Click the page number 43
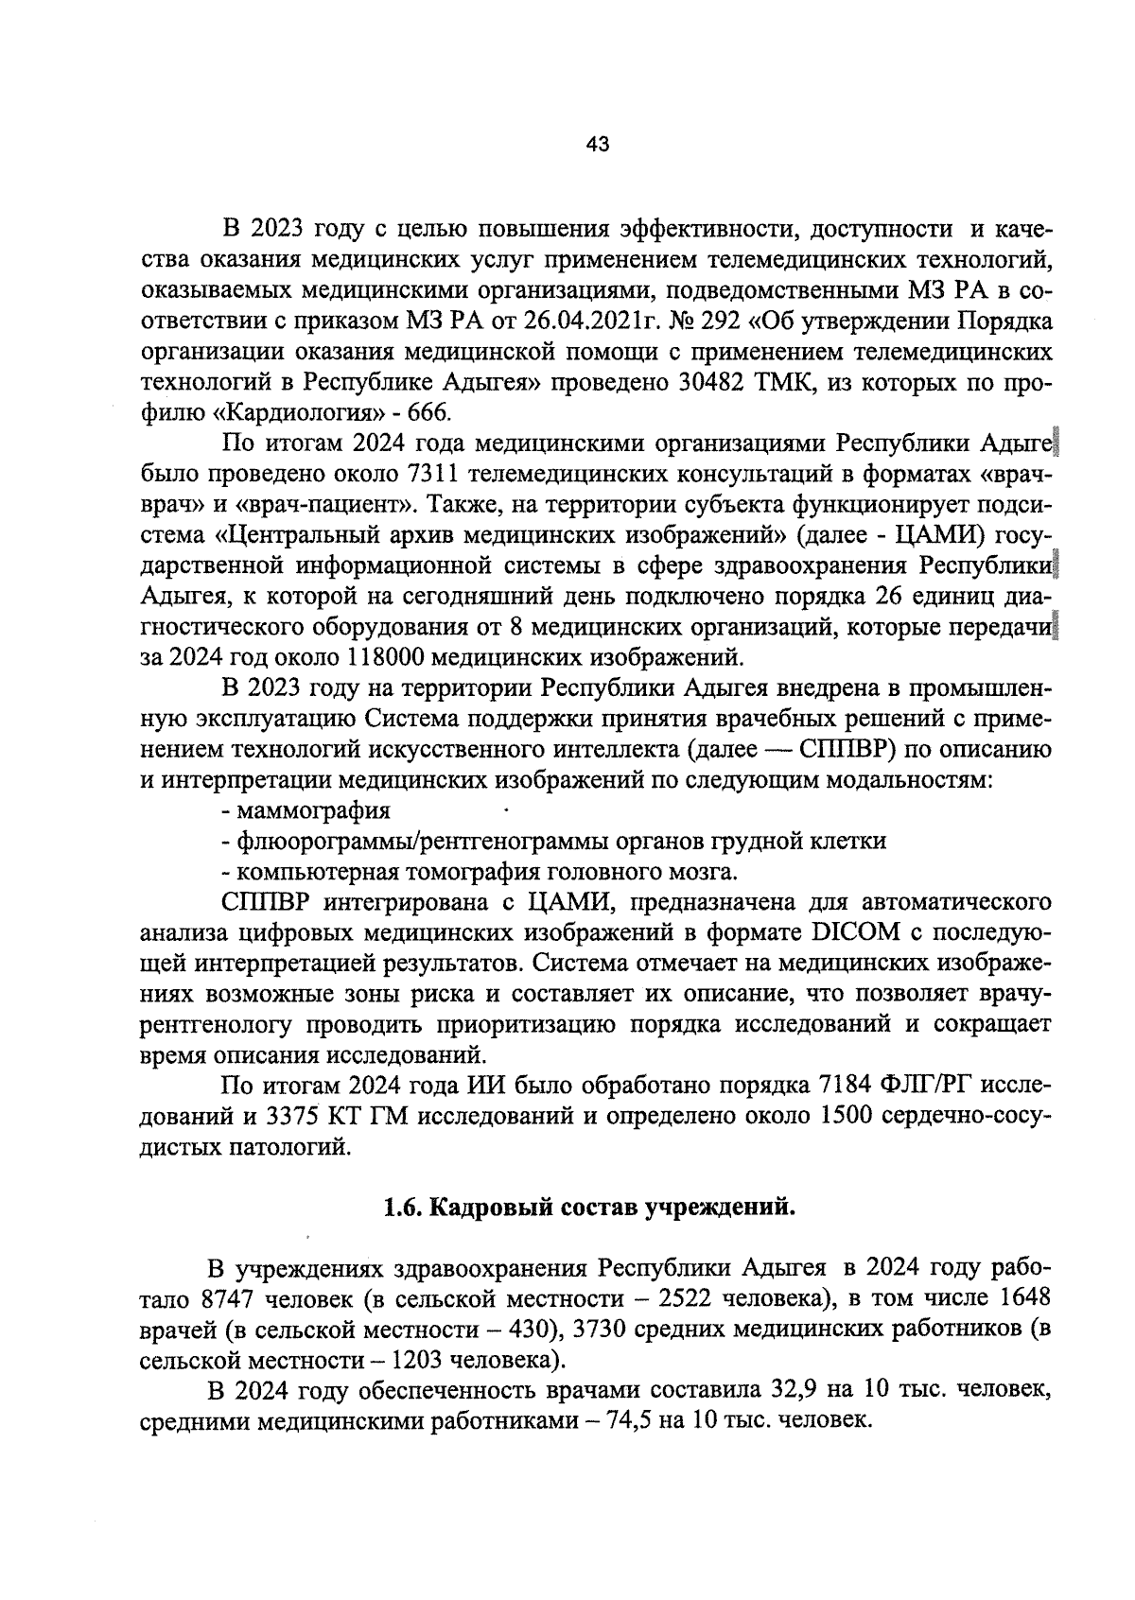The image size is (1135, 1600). point(598,145)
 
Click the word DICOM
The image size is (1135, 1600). point(854,934)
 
